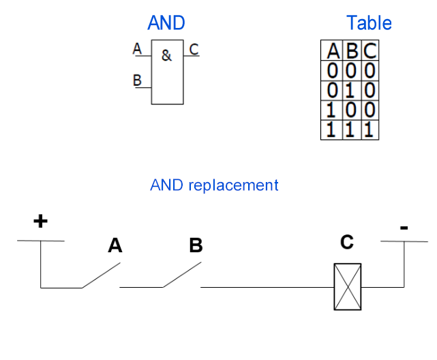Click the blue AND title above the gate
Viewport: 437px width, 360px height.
click(x=166, y=22)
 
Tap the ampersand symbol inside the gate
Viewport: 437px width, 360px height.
click(x=166, y=55)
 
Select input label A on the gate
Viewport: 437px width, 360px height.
click(x=137, y=48)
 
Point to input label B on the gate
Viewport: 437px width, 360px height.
click(x=137, y=80)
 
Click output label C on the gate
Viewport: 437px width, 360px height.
click(x=194, y=49)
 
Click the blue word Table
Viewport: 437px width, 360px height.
click(x=369, y=23)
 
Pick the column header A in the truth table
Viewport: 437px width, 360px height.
click(x=333, y=51)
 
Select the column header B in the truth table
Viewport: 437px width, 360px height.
click(x=352, y=51)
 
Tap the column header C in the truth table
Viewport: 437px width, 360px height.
click(x=370, y=50)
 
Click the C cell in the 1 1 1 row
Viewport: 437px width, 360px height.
click(x=369, y=130)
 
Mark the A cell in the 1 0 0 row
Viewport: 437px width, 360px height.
click(x=331, y=110)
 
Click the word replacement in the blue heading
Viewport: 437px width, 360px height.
click(x=233, y=185)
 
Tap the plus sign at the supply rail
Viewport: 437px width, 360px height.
click(x=40, y=221)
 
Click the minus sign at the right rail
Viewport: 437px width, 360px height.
click(x=404, y=228)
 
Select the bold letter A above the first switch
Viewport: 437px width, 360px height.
click(x=115, y=245)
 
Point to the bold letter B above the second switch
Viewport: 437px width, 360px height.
click(x=196, y=245)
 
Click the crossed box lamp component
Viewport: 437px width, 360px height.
click(x=348, y=287)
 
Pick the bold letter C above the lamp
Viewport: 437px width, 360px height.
click(x=347, y=242)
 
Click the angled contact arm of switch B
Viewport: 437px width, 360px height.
click(x=182, y=275)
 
